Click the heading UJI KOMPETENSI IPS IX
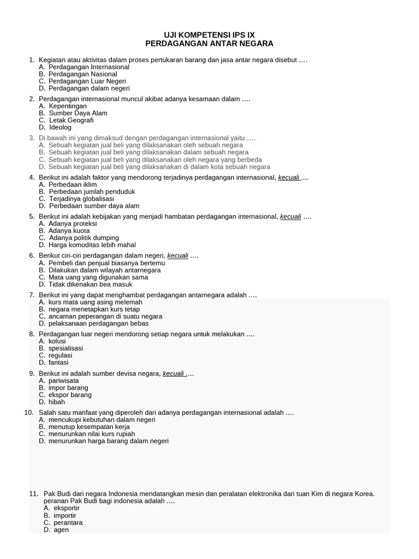[x=209, y=34]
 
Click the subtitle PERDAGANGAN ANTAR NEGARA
[x=209, y=43]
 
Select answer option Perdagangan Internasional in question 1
[x=89, y=67]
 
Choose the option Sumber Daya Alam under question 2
[x=78, y=113]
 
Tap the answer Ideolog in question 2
[x=60, y=127]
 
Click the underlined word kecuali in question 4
[x=289, y=177]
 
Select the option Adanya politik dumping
[x=84, y=238]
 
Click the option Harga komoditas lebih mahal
[x=91, y=245]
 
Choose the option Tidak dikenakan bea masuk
[x=91, y=284]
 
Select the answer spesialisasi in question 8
[x=65, y=348]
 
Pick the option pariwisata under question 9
[x=64, y=380]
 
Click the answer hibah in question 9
[x=57, y=402]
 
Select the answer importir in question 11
[x=65, y=515]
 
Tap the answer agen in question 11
[x=61, y=530]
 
